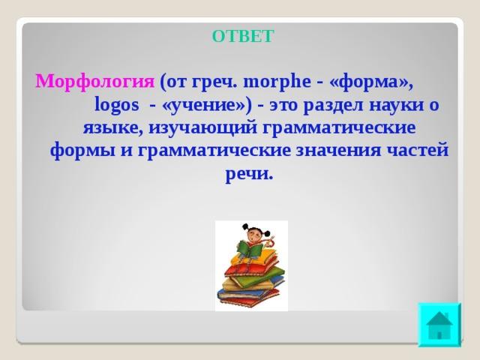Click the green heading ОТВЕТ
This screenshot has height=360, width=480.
[x=242, y=36]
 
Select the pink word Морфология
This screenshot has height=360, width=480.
[x=95, y=82]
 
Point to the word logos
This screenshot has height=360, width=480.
[x=117, y=105]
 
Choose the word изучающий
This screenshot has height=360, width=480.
[x=203, y=128]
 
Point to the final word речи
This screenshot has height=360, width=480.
[x=249, y=175]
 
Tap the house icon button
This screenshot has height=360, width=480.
[x=439, y=325]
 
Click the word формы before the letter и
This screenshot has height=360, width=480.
[x=82, y=151]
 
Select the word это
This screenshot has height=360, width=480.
[x=283, y=105]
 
